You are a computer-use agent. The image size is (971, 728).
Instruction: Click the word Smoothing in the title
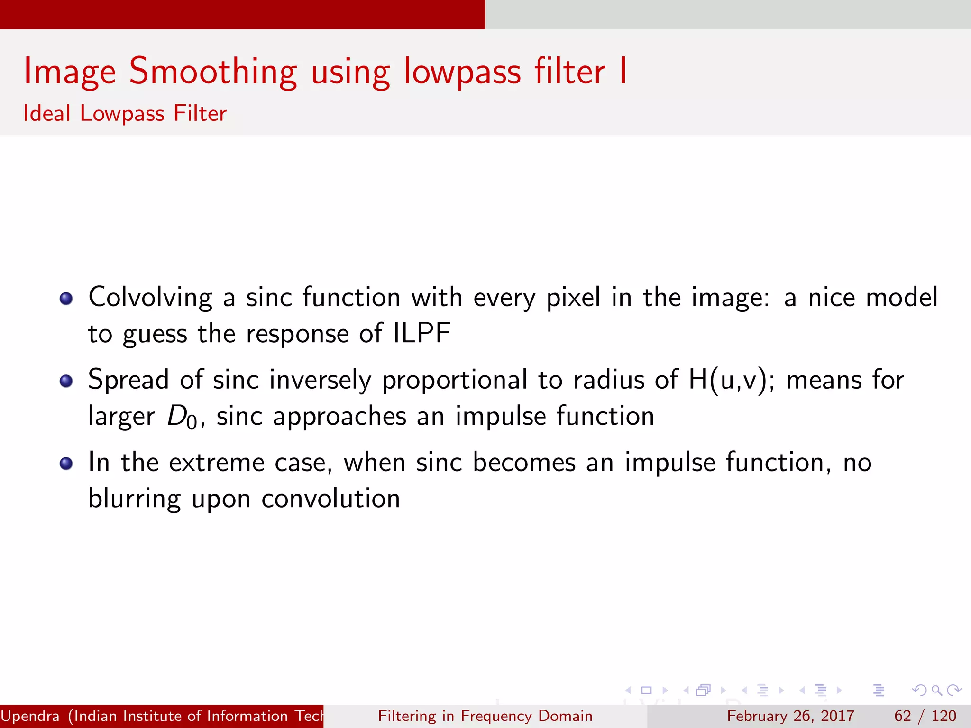[213, 72]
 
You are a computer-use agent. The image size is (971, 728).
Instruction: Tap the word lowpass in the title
[462, 72]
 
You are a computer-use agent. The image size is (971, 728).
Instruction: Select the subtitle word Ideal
[47, 114]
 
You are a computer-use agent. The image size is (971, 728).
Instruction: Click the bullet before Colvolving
[66, 299]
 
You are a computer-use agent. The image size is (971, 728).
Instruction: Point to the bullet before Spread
[66, 381]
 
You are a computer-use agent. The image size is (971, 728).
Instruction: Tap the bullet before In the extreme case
[66, 463]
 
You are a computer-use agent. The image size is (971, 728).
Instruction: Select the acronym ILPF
[421, 333]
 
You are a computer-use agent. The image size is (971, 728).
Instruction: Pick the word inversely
[321, 380]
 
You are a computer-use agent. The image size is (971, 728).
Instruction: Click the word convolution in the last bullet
[330, 499]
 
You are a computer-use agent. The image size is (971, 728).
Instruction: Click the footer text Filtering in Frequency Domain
[485, 716]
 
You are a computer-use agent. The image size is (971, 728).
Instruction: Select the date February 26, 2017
[790, 716]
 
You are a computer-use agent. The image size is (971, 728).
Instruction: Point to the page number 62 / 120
[925, 716]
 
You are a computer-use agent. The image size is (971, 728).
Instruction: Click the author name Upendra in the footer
[30, 716]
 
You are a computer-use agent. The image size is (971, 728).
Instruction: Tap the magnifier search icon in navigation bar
[936, 690]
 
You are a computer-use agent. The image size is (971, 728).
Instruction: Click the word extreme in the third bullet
[217, 463]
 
